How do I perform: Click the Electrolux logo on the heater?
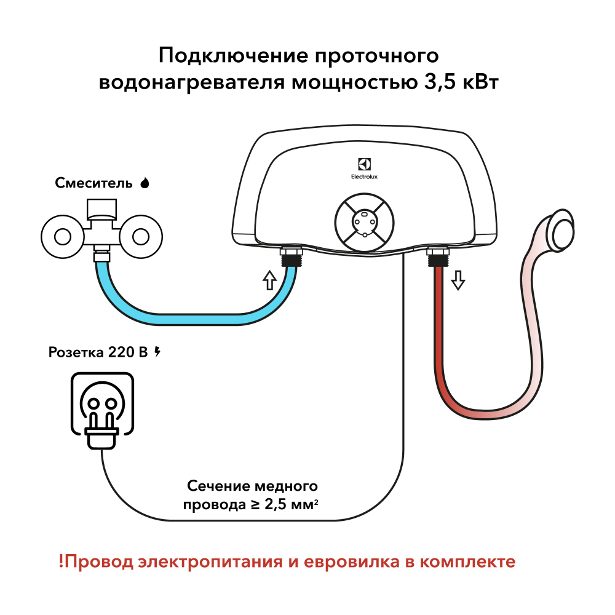point(365,168)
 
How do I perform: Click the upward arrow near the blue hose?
point(269,280)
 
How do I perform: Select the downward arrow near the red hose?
point(458,280)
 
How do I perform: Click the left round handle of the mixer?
point(62,236)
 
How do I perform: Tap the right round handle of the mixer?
point(141,236)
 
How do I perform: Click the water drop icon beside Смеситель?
point(145,183)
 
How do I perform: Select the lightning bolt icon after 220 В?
point(157,352)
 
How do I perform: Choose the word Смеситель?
point(93,183)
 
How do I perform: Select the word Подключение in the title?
point(231,55)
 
